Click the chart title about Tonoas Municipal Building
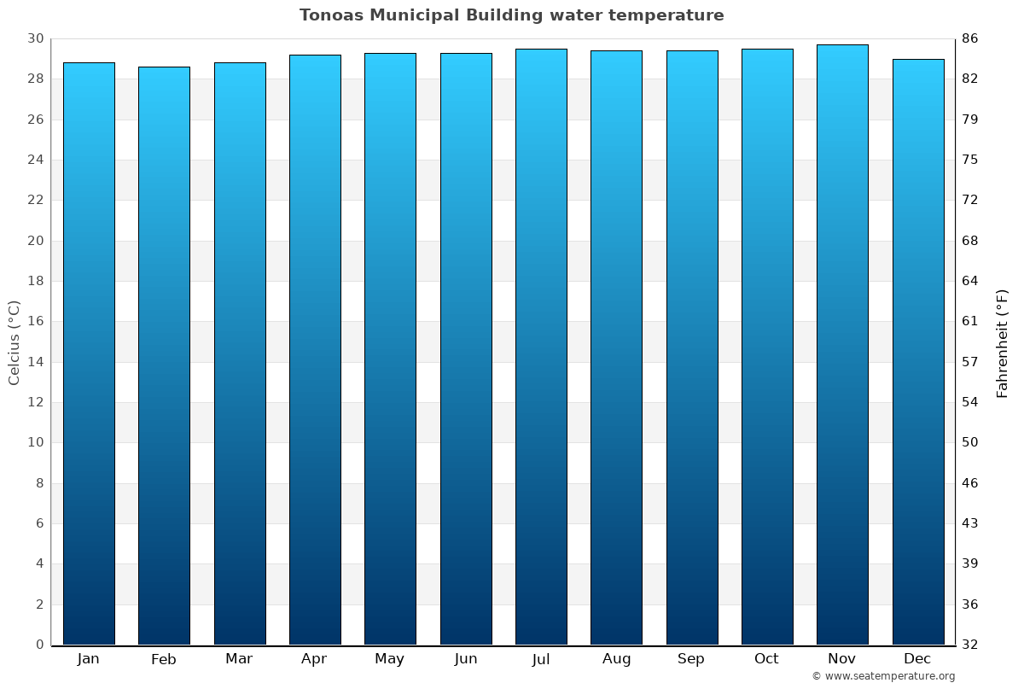[511, 15]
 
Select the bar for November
[842, 345]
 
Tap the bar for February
[164, 356]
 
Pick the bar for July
[541, 347]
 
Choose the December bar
[917, 352]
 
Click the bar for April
[315, 350]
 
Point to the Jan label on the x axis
[89, 659]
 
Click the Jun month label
[466, 659]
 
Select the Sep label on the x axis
[691, 659]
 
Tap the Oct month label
[766, 659]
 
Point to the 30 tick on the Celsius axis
[35, 38]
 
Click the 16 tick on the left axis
[35, 322]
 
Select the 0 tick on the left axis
[39, 645]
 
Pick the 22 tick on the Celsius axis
[35, 201]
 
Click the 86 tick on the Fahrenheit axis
[970, 38]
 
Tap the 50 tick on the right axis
[970, 442]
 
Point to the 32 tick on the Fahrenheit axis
[970, 645]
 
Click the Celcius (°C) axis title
[14, 342]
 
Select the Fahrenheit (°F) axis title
[1002, 342]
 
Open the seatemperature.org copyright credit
[883, 676]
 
